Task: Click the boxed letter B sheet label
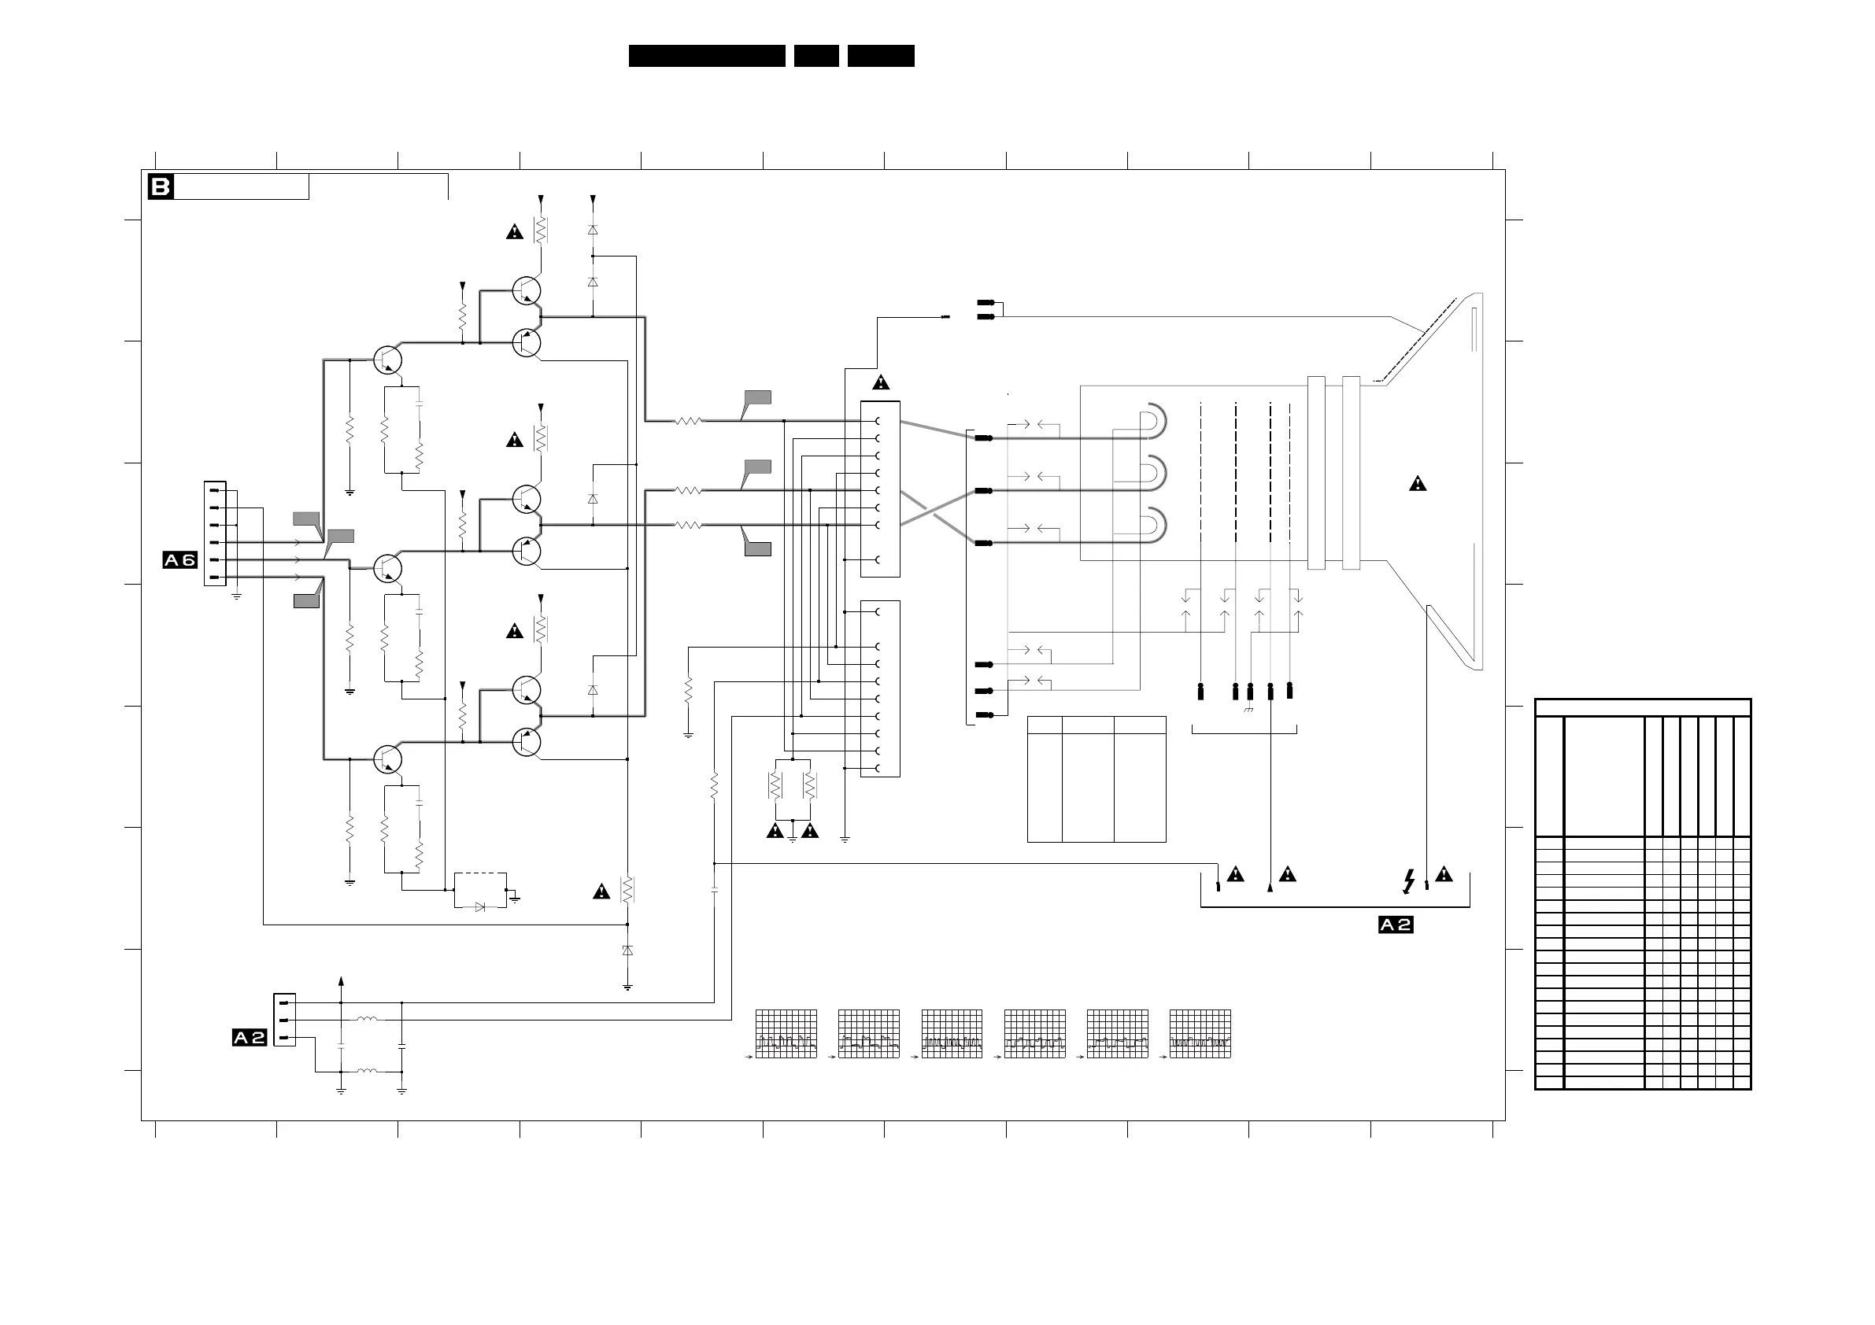(160, 187)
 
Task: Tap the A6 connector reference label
(179, 560)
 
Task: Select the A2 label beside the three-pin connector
(249, 1038)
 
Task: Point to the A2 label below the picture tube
(1396, 925)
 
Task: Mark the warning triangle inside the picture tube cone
(1418, 484)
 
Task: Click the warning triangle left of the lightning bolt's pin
(1288, 874)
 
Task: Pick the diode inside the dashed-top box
(480, 906)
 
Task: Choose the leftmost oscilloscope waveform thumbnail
(786, 1034)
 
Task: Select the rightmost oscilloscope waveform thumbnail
(1200, 1034)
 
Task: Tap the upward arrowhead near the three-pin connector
(342, 981)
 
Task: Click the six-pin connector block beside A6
(215, 534)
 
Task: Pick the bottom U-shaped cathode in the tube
(1153, 526)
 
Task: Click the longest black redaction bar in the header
(706, 56)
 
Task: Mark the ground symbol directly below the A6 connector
(237, 596)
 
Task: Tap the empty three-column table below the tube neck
(1096, 779)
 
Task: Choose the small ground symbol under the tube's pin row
(1248, 710)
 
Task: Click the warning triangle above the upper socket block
(880, 383)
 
